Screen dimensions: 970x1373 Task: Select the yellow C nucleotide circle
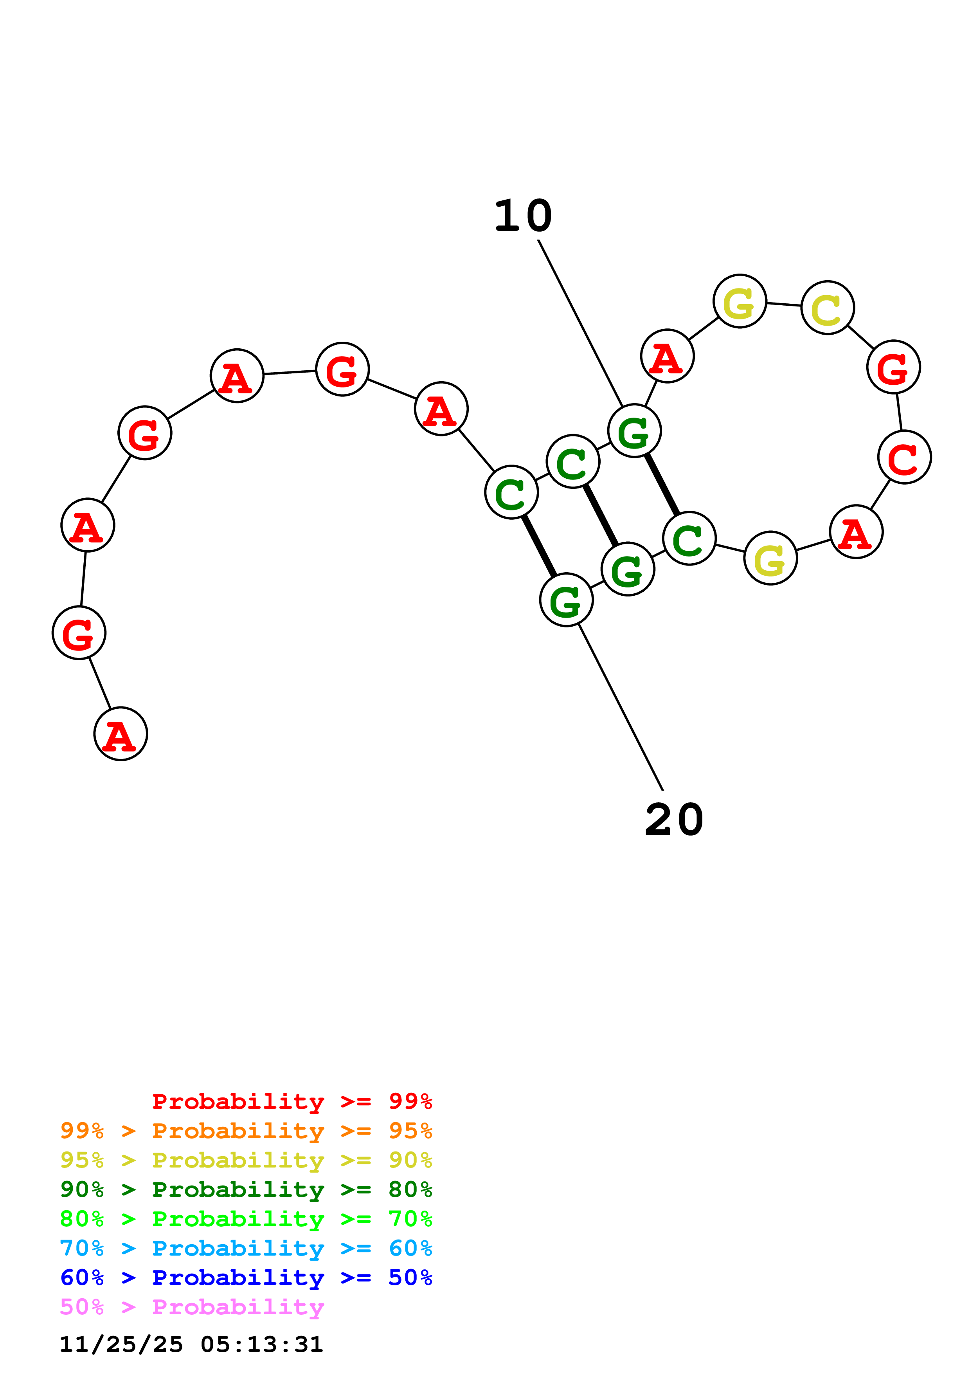(827, 308)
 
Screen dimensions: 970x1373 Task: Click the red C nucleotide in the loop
(903, 458)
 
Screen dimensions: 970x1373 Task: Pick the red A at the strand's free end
(121, 734)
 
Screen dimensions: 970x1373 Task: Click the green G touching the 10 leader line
(634, 431)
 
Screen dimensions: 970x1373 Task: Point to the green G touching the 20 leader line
(566, 600)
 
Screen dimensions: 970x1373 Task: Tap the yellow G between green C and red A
(770, 559)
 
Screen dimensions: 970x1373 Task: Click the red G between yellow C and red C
(893, 367)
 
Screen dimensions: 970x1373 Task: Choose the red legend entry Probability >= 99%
(292, 1101)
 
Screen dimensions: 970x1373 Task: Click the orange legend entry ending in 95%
(246, 1131)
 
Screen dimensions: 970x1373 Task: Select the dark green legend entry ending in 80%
(246, 1189)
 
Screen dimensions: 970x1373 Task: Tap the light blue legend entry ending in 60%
(246, 1248)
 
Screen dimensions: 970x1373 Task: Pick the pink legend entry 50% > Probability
(192, 1306)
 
